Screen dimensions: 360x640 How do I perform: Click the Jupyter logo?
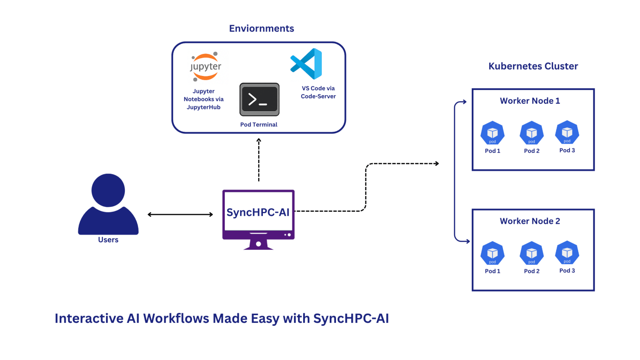(x=206, y=67)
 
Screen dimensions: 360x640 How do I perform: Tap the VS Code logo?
(x=306, y=64)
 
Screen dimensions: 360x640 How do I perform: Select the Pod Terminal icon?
(x=259, y=99)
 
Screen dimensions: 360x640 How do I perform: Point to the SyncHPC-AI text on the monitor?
(x=258, y=212)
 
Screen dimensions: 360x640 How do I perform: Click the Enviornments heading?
(x=261, y=28)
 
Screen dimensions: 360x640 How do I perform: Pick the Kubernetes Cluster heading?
(x=533, y=66)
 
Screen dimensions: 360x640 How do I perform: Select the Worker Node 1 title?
(x=530, y=101)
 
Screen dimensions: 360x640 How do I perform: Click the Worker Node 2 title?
(x=530, y=221)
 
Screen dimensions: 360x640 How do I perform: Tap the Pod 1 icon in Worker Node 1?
(x=492, y=133)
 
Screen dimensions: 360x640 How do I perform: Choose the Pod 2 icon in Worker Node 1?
(x=532, y=133)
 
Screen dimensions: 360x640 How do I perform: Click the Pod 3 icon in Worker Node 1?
(x=567, y=133)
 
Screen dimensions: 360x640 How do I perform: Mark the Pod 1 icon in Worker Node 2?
(x=492, y=253)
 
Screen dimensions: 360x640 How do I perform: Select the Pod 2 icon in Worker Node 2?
(x=532, y=253)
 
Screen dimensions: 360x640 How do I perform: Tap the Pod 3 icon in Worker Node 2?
(x=567, y=253)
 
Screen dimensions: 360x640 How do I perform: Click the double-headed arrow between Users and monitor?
(x=180, y=215)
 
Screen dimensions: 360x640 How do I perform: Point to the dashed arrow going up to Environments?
(x=259, y=160)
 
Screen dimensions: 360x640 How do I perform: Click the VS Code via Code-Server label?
(x=318, y=92)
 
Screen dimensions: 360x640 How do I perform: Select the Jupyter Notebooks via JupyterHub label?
(x=203, y=99)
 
